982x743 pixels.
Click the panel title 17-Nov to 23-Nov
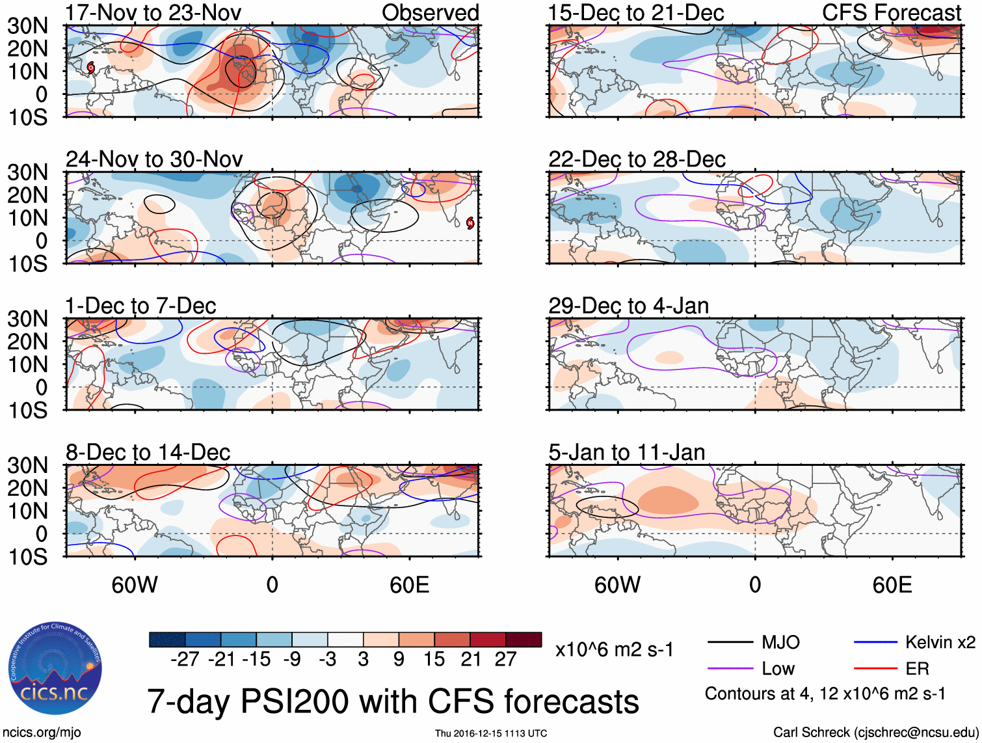click(x=153, y=12)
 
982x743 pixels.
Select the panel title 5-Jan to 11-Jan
click(x=626, y=452)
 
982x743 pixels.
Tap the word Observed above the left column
click(x=430, y=12)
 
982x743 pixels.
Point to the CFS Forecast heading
click(x=891, y=12)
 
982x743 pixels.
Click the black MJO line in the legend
click(x=730, y=643)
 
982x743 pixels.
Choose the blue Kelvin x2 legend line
click(x=875, y=643)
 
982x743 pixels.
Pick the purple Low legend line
click(x=730, y=669)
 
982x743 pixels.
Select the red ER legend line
click(x=875, y=669)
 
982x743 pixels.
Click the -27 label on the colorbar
click(x=185, y=659)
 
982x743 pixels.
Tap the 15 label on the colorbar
click(x=434, y=659)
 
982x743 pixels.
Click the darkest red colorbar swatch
click(x=524, y=640)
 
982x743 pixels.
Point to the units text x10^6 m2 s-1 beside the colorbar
click(x=614, y=650)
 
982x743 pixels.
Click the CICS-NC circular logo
click(x=55, y=668)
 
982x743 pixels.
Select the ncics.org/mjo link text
click(x=41, y=733)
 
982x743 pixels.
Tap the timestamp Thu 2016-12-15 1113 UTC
click(x=491, y=733)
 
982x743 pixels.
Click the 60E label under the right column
click(x=892, y=585)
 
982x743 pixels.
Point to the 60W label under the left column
click(x=135, y=585)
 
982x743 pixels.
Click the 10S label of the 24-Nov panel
click(x=27, y=263)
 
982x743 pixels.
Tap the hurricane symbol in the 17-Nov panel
click(x=91, y=67)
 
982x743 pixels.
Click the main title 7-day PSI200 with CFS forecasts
click(x=393, y=701)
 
